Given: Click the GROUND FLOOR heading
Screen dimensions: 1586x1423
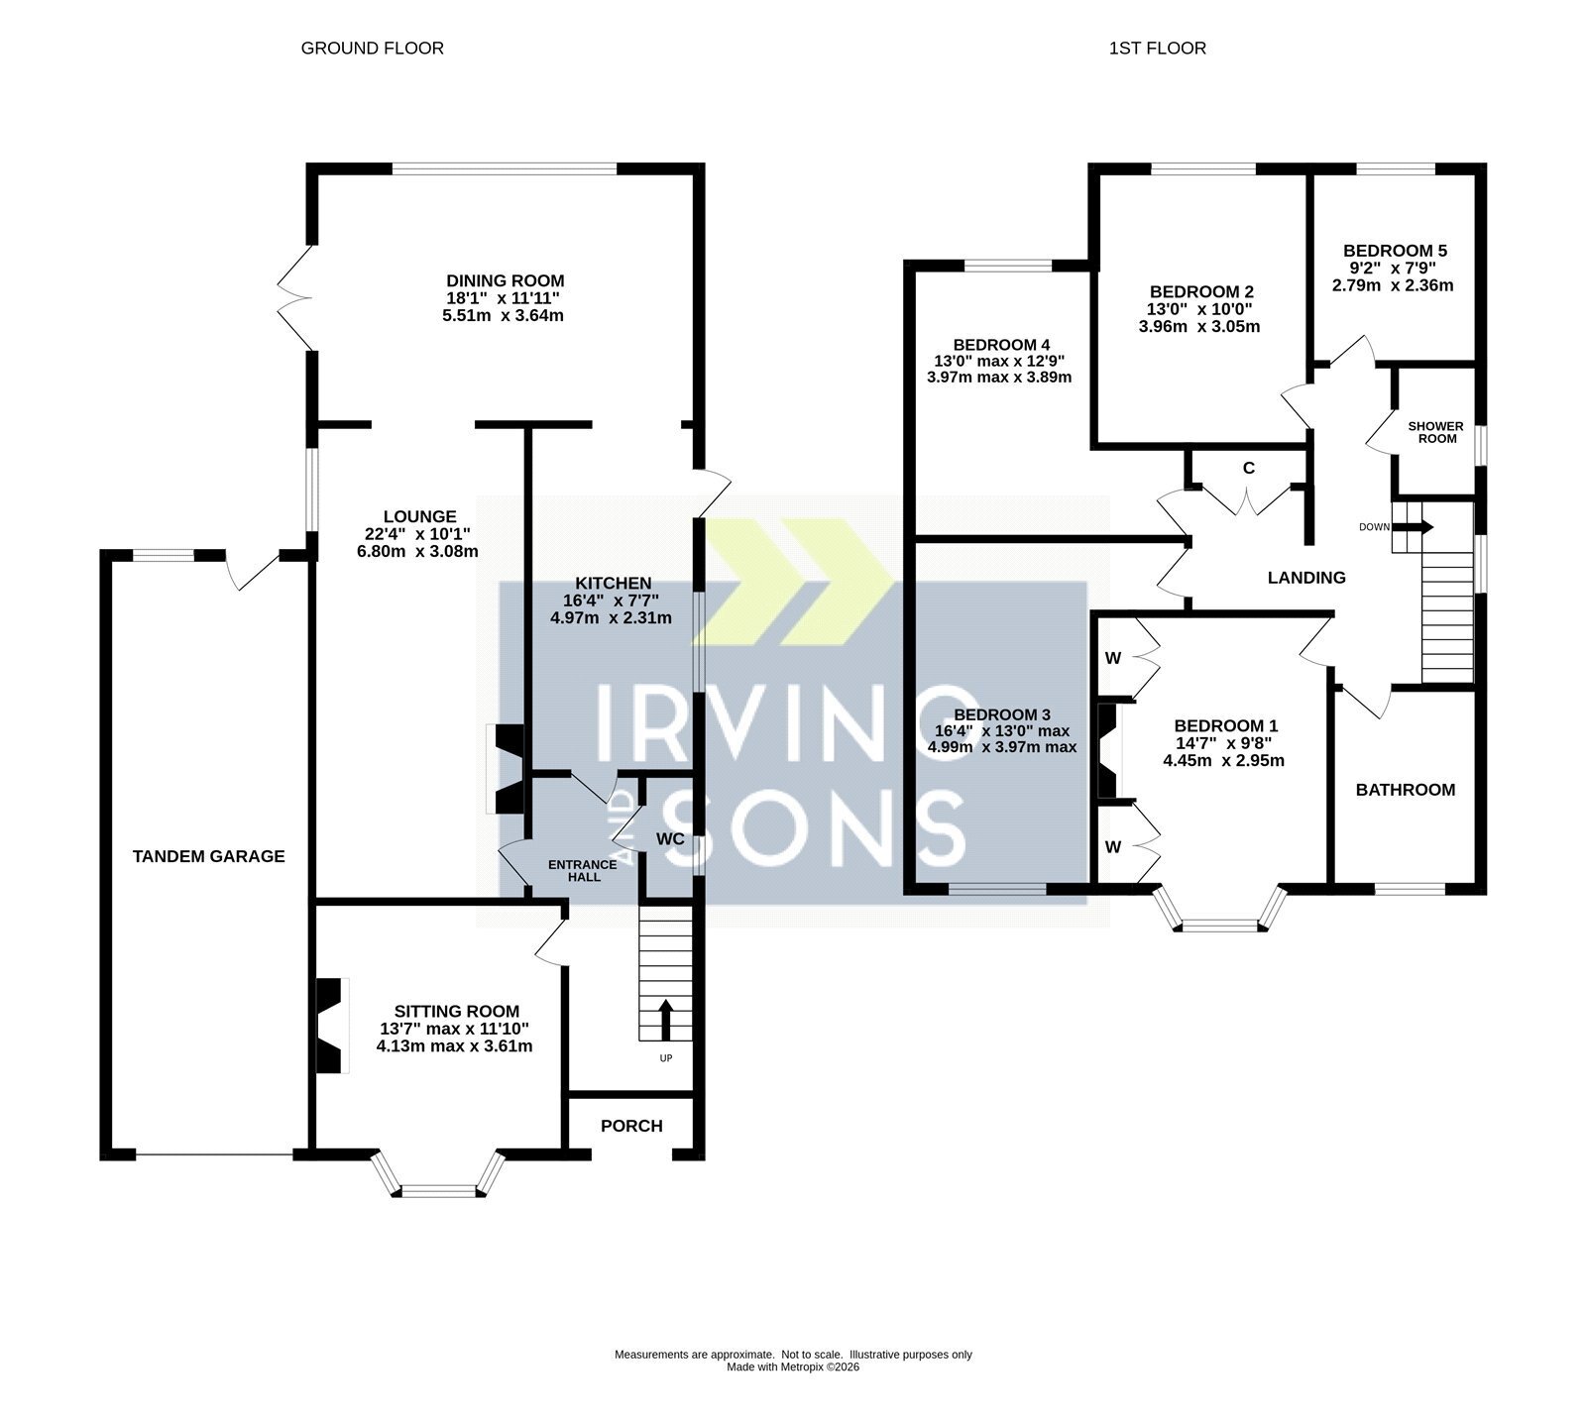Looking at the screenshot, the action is [372, 48].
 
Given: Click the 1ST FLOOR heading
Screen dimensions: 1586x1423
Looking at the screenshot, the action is [1158, 48].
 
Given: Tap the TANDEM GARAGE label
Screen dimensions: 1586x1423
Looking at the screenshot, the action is [209, 856].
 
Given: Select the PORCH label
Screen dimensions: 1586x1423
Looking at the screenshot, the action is [631, 1126].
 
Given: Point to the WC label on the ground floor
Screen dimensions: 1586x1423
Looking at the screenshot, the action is [671, 839].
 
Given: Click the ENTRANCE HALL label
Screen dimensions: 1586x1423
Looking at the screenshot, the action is [583, 870].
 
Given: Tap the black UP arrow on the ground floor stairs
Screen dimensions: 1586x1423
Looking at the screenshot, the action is [665, 1020].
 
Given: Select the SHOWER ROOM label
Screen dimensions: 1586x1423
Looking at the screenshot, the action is [1436, 432].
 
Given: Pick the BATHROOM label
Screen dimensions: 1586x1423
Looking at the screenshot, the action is [1406, 790].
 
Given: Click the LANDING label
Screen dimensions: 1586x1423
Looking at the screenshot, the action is [1306, 578].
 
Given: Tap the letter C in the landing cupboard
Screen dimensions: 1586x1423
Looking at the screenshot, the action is [1249, 468].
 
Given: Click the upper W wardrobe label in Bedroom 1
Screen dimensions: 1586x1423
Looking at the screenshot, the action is [1113, 658].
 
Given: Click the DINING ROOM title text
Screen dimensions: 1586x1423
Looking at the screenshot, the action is [506, 281].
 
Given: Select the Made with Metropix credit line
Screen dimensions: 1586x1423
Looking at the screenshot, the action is [793, 1368].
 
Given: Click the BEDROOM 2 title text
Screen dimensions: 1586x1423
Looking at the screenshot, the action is [1201, 291].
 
